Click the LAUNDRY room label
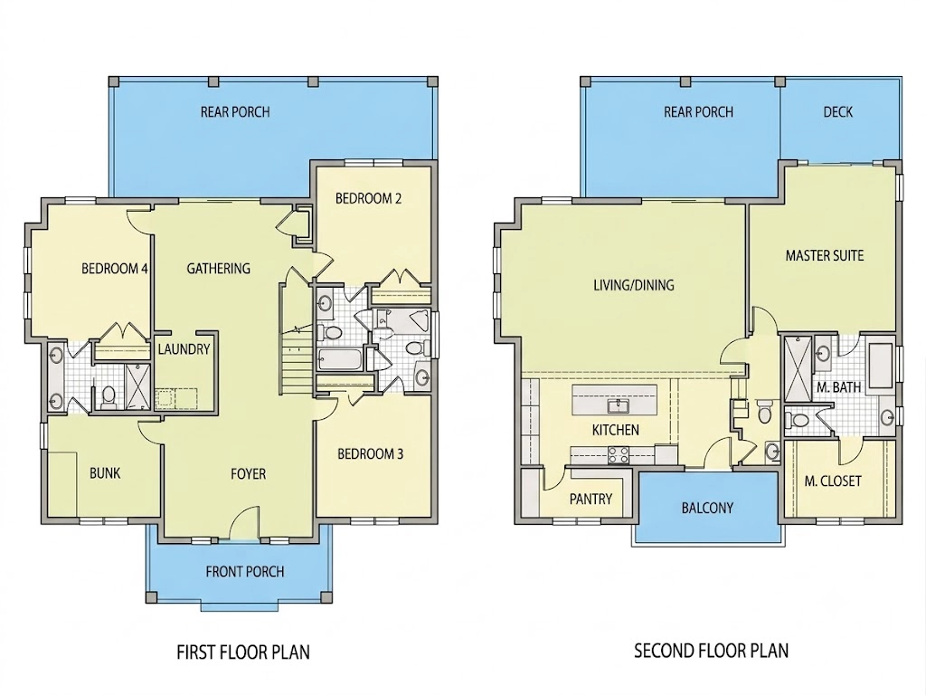[184, 349]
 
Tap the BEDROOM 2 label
[369, 198]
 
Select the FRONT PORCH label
[245, 572]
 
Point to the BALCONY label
[707, 508]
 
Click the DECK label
[838, 111]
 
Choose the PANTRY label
[591, 500]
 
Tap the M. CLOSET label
[833, 481]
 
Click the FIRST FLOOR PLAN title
[243, 652]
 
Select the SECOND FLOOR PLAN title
[711, 651]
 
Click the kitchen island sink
[619, 405]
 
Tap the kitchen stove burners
[619, 455]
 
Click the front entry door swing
[243, 524]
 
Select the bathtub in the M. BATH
[881, 365]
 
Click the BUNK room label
[105, 472]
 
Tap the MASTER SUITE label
[825, 256]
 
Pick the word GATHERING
[219, 269]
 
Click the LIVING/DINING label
[634, 285]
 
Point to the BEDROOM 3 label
[370, 454]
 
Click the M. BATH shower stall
[798, 367]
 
